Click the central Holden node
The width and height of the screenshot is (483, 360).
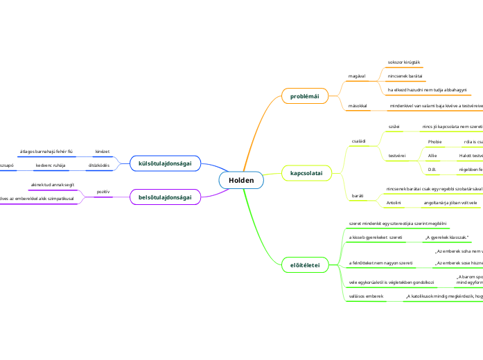[241, 181]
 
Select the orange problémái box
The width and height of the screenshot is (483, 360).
[304, 96]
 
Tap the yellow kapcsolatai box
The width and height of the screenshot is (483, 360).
[306, 172]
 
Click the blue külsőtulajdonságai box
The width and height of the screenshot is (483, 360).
[165, 163]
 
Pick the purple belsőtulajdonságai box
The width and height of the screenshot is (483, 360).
[165, 198]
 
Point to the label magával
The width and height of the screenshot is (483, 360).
[356, 75]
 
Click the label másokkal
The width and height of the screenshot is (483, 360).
[358, 105]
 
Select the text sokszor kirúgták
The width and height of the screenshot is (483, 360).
[404, 63]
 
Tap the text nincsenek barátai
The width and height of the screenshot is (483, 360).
[405, 75]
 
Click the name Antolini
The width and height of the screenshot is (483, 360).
[394, 203]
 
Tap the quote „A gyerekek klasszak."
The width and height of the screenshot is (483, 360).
[446, 237]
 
